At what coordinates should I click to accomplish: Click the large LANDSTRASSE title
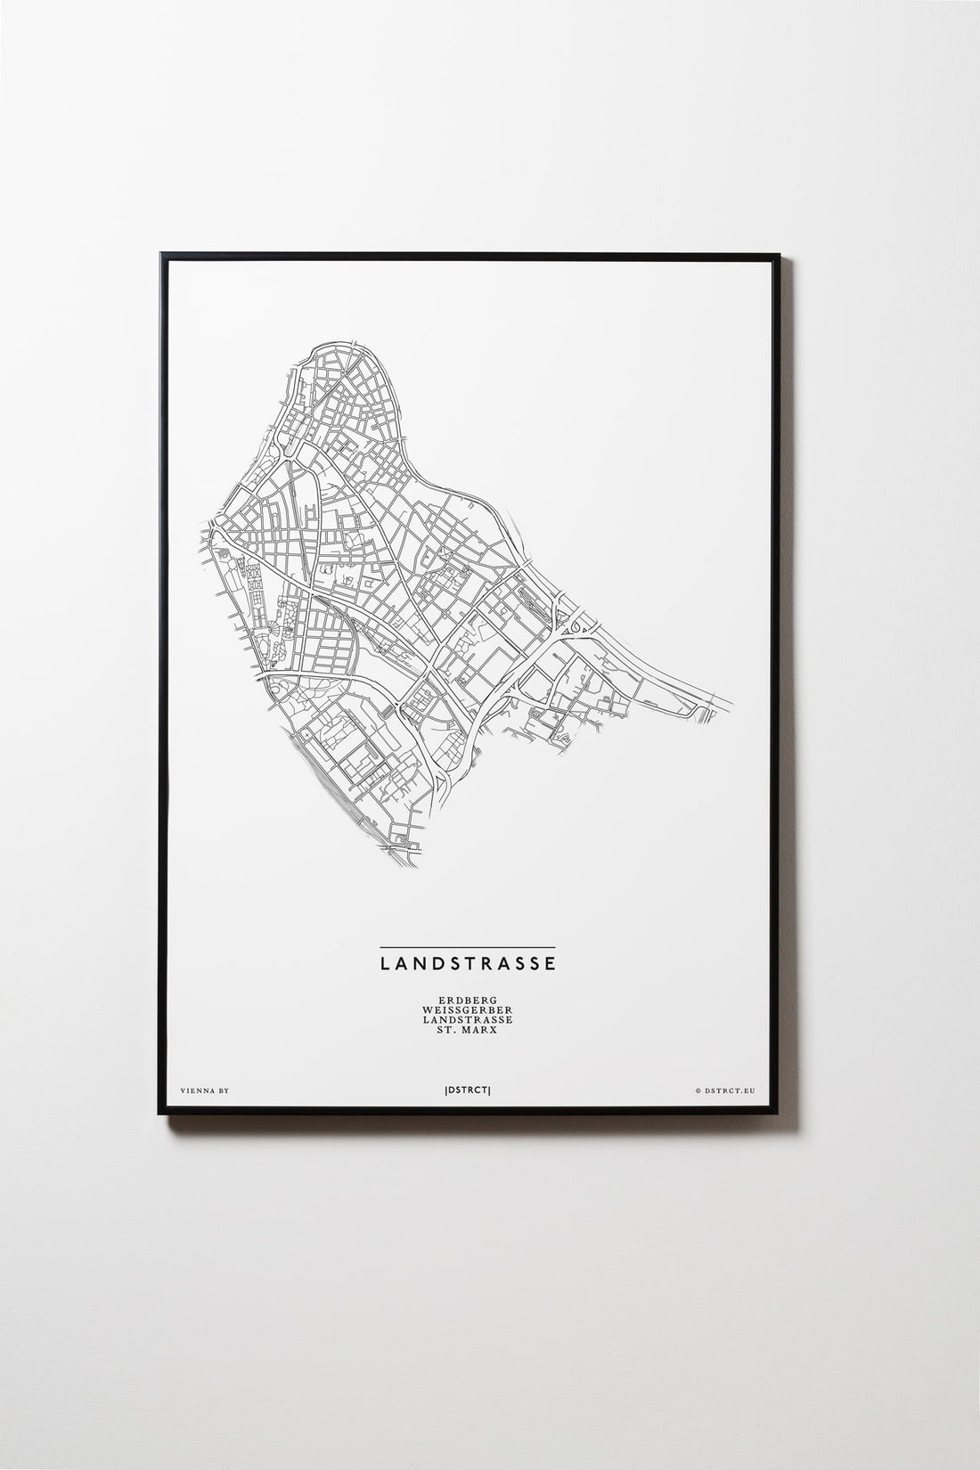(467, 963)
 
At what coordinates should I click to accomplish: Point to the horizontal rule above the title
(467, 945)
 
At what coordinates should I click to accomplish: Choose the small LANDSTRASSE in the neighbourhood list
(467, 1022)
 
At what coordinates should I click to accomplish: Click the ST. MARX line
(467, 1033)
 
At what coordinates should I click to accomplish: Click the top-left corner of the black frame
(160, 255)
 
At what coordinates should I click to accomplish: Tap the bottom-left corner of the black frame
(159, 1110)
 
